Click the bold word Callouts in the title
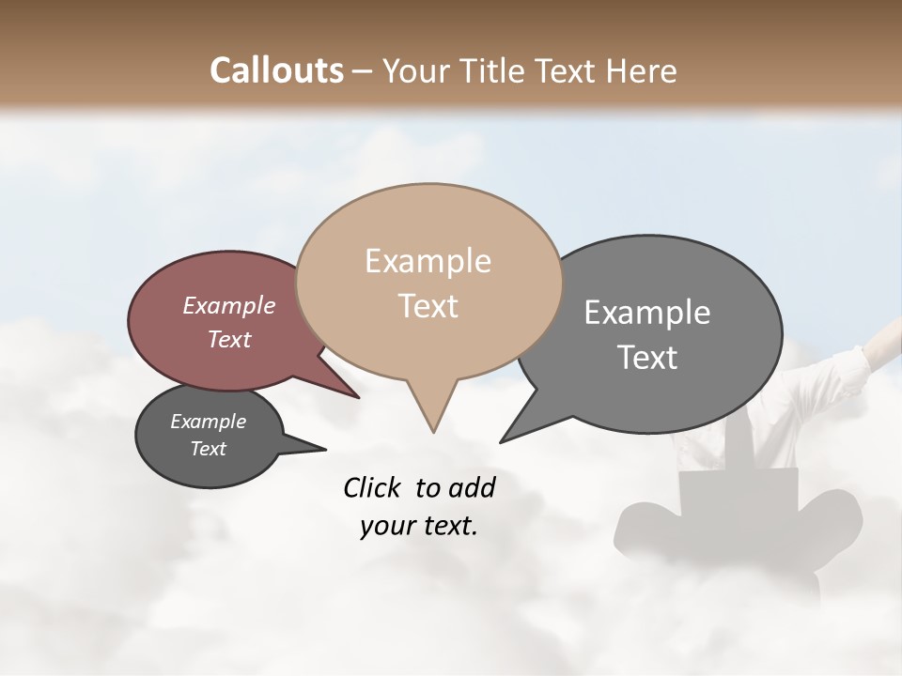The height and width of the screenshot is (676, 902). point(276,70)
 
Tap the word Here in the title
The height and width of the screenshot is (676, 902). point(641,70)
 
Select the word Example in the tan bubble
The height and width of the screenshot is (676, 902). point(428,261)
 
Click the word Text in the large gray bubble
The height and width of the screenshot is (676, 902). point(648,358)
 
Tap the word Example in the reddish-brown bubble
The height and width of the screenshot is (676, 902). point(228,305)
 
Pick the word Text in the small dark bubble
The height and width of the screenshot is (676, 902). point(208,449)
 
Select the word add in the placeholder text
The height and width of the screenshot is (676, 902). point(471,487)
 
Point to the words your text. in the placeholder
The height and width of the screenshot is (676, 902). point(419,526)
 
